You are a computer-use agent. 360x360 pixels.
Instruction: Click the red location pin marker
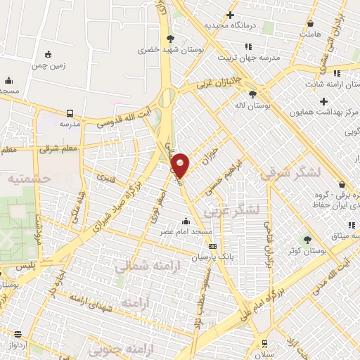pyautogui.click(x=181, y=165)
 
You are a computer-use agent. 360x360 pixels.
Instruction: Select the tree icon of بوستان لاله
pyautogui.click(x=252, y=94)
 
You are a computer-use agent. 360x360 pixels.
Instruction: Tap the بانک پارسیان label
pyautogui.click(x=212, y=257)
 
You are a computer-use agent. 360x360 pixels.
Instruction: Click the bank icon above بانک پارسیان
pyautogui.click(x=212, y=247)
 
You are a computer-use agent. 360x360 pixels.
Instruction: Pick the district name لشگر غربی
pyautogui.click(x=233, y=210)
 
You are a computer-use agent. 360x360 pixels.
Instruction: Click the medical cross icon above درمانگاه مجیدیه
pyautogui.click(x=230, y=15)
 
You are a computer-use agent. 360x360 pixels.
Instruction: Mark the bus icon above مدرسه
pyautogui.click(x=70, y=112)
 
